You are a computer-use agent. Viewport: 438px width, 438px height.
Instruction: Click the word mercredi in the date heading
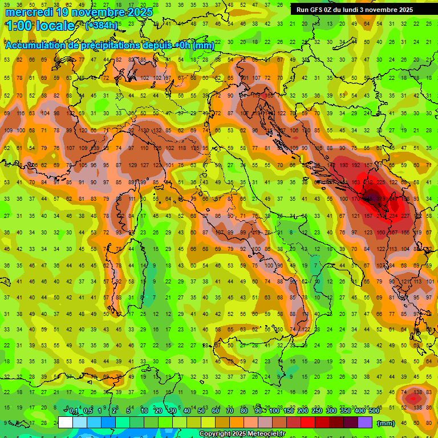pyautogui.click(x=30, y=12)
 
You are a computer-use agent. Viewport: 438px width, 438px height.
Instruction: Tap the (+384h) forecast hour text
pyautogui.click(x=102, y=26)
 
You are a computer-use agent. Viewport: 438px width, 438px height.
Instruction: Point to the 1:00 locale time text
pyautogui.click(x=40, y=26)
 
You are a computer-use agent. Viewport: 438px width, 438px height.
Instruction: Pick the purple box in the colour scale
pyautogui.click(x=365, y=422)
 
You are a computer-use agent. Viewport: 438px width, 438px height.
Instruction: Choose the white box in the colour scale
pyautogui.click(x=66, y=422)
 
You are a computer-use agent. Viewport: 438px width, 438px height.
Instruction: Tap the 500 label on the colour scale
pyautogui.click(x=374, y=411)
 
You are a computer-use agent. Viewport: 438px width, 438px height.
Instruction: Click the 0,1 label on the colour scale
pyautogui.click(x=74, y=411)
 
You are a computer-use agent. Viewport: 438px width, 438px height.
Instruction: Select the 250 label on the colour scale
pyautogui.click(x=317, y=411)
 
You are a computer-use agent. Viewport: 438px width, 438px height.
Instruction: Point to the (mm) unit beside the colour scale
pyautogui.click(x=386, y=423)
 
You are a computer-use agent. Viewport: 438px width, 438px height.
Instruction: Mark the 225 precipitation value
pyautogui.click(x=380, y=182)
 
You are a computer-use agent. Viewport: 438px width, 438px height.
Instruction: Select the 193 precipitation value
pyautogui.click(x=343, y=165)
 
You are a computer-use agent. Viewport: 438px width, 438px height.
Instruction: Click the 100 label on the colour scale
pyautogui.click(x=274, y=411)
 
